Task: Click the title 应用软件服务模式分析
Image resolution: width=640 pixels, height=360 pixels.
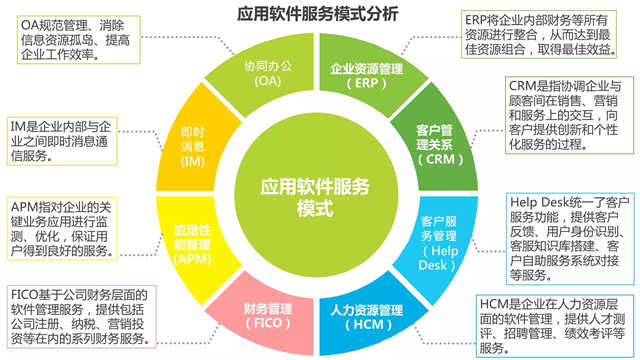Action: (319, 14)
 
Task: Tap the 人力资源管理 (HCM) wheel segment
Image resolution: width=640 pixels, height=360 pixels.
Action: (363, 303)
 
